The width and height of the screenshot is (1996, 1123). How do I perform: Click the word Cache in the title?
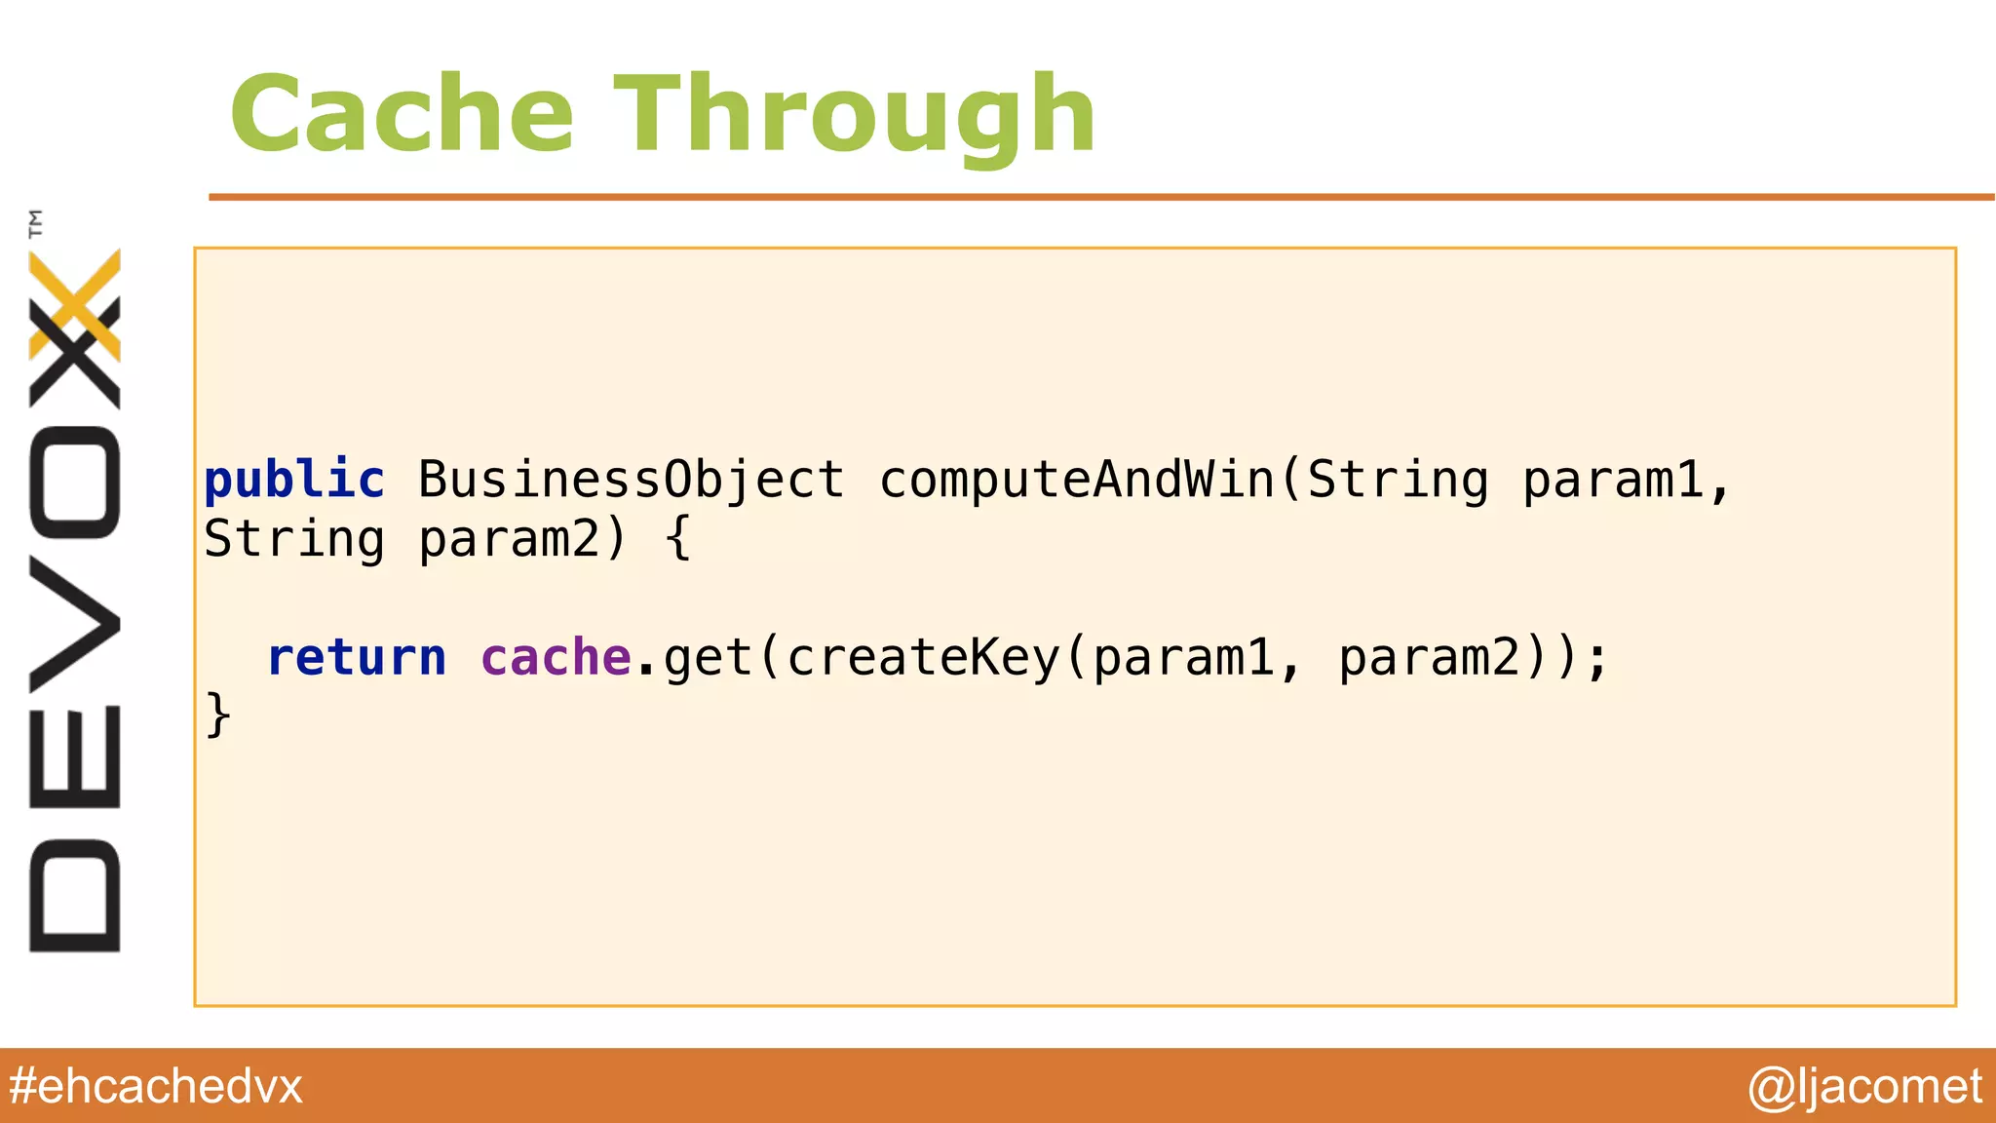pyautogui.click(x=402, y=115)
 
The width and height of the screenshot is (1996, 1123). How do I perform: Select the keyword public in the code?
pyautogui.click(x=294, y=480)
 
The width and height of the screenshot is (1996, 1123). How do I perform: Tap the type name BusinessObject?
pyautogui.click(x=632, y=480)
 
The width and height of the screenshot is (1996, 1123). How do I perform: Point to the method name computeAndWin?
pyautogui.click(x=1078, y=480)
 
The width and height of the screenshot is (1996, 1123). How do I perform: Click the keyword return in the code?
pyautogui.click(x=357, y=657)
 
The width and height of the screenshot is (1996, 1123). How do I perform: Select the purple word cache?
pyautogui.click(x=556, y=657)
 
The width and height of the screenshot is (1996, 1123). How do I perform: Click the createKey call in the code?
pyautogui.click(x=922, y=657)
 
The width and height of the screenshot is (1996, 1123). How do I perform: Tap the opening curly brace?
pyautogui.click(x=678, y=538)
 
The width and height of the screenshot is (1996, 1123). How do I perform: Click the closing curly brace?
pyautogui.click(x=218, y=716)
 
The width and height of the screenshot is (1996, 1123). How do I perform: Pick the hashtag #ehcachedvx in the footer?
pyautogui.click(x=156, y=1086)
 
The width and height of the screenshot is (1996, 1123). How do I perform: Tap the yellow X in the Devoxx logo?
pyautogui.click(x=75, y=303)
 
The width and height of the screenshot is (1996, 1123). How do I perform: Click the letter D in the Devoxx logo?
pyautogui.click(x=75, y=895)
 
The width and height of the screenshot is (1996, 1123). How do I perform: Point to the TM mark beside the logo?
pyautogui.click(x=36, y=223)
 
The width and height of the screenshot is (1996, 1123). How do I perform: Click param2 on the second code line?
pyautogui.click(x=509, y=539)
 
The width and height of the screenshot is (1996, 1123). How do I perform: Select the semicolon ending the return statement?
pyautogui.click(x=1596, y=659)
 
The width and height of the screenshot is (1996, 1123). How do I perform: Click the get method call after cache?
pyautogui.click(x=709, y=657)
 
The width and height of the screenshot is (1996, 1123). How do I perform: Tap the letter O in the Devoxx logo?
pyautogui.click(x=75, y=484)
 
